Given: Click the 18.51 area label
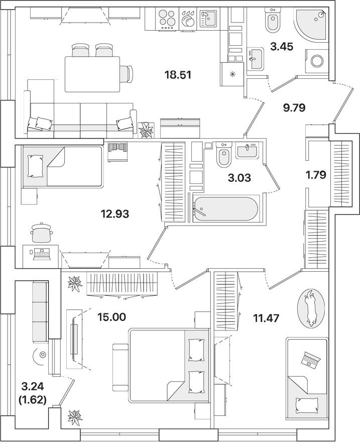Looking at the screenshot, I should (178, 75).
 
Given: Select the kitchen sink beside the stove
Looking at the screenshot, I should (207, 19).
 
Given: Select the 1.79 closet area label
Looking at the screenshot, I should (317, 175).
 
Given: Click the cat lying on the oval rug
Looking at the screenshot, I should (311, 308).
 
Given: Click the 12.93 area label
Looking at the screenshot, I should (115, 213).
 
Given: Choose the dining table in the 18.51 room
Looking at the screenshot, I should (92, 74).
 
